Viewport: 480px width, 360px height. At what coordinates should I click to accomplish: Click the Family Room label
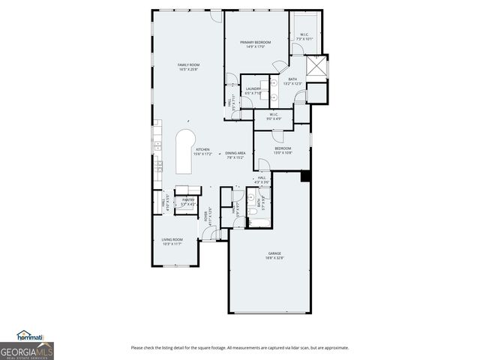(187, 67)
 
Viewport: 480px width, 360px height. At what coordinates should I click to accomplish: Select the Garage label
(274, 256)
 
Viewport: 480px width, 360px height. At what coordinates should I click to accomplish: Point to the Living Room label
(172, 241)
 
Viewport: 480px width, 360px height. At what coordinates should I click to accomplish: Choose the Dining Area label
(235, 155)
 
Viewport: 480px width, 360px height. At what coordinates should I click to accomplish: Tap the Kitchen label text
(203, 151)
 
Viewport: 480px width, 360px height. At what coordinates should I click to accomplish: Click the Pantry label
(187, 202)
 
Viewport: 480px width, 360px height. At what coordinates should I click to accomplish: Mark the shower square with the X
(318, 67)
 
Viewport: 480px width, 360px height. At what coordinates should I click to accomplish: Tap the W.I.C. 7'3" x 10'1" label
(305, 37)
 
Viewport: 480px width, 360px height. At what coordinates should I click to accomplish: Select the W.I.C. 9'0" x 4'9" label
(274, 116)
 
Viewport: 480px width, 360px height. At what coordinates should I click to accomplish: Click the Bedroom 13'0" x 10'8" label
(283, 151)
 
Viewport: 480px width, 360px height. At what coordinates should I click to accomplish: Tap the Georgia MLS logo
(26, 351)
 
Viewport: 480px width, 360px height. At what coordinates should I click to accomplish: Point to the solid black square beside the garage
(305, 176)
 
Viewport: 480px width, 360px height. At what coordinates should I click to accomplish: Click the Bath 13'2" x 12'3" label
(292, 81)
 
